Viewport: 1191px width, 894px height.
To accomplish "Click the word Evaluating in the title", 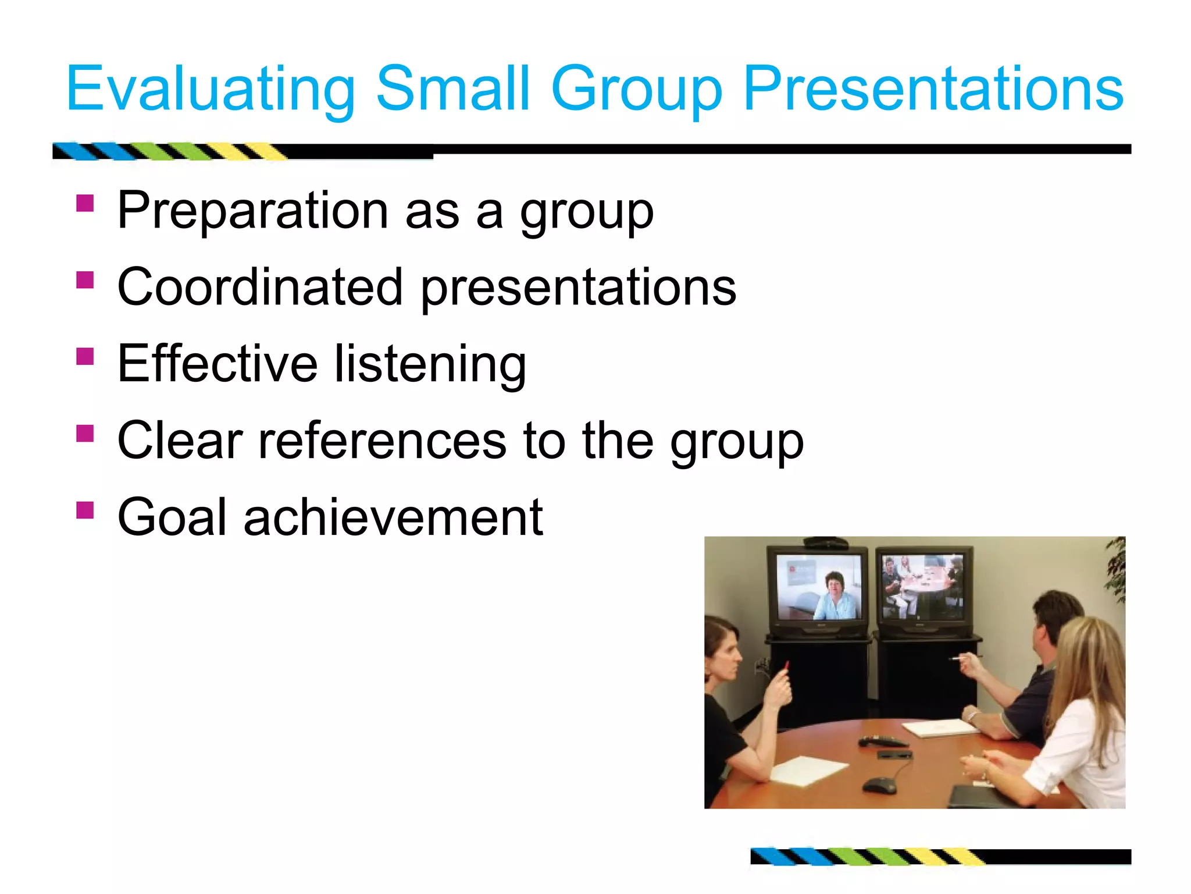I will coord(210,88).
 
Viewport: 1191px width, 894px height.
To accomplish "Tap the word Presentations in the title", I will coord(933,88).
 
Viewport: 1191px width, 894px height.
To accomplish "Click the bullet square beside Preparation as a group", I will coord(85,203).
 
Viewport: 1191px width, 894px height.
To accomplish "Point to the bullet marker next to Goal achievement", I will coord(85,510).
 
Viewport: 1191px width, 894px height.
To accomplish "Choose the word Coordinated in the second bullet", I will coord(260,287).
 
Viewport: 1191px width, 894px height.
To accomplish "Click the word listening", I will coord(430,365).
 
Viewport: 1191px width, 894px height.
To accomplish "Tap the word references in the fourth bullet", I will coord(382,441).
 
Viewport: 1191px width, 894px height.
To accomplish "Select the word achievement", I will coord(393,517).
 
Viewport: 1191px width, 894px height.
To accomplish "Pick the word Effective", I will coord(217,364).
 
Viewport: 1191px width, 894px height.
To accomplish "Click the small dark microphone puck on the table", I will coord(879,785).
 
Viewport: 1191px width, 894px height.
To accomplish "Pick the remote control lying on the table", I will coord(882,741).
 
